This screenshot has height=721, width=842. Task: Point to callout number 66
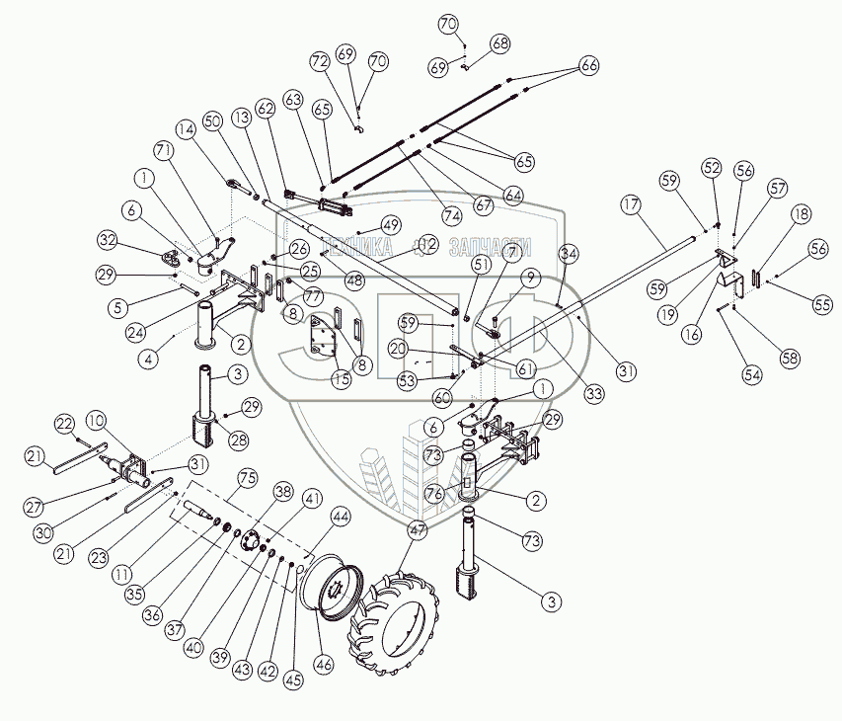pos(589,65)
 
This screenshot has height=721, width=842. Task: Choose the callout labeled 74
pos(453,215)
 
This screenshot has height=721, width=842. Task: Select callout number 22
pos(64,423)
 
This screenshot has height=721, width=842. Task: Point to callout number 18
pos(801,213)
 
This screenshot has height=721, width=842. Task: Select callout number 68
pos(500,43)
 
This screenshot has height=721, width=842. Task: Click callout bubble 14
pos(189,129)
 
